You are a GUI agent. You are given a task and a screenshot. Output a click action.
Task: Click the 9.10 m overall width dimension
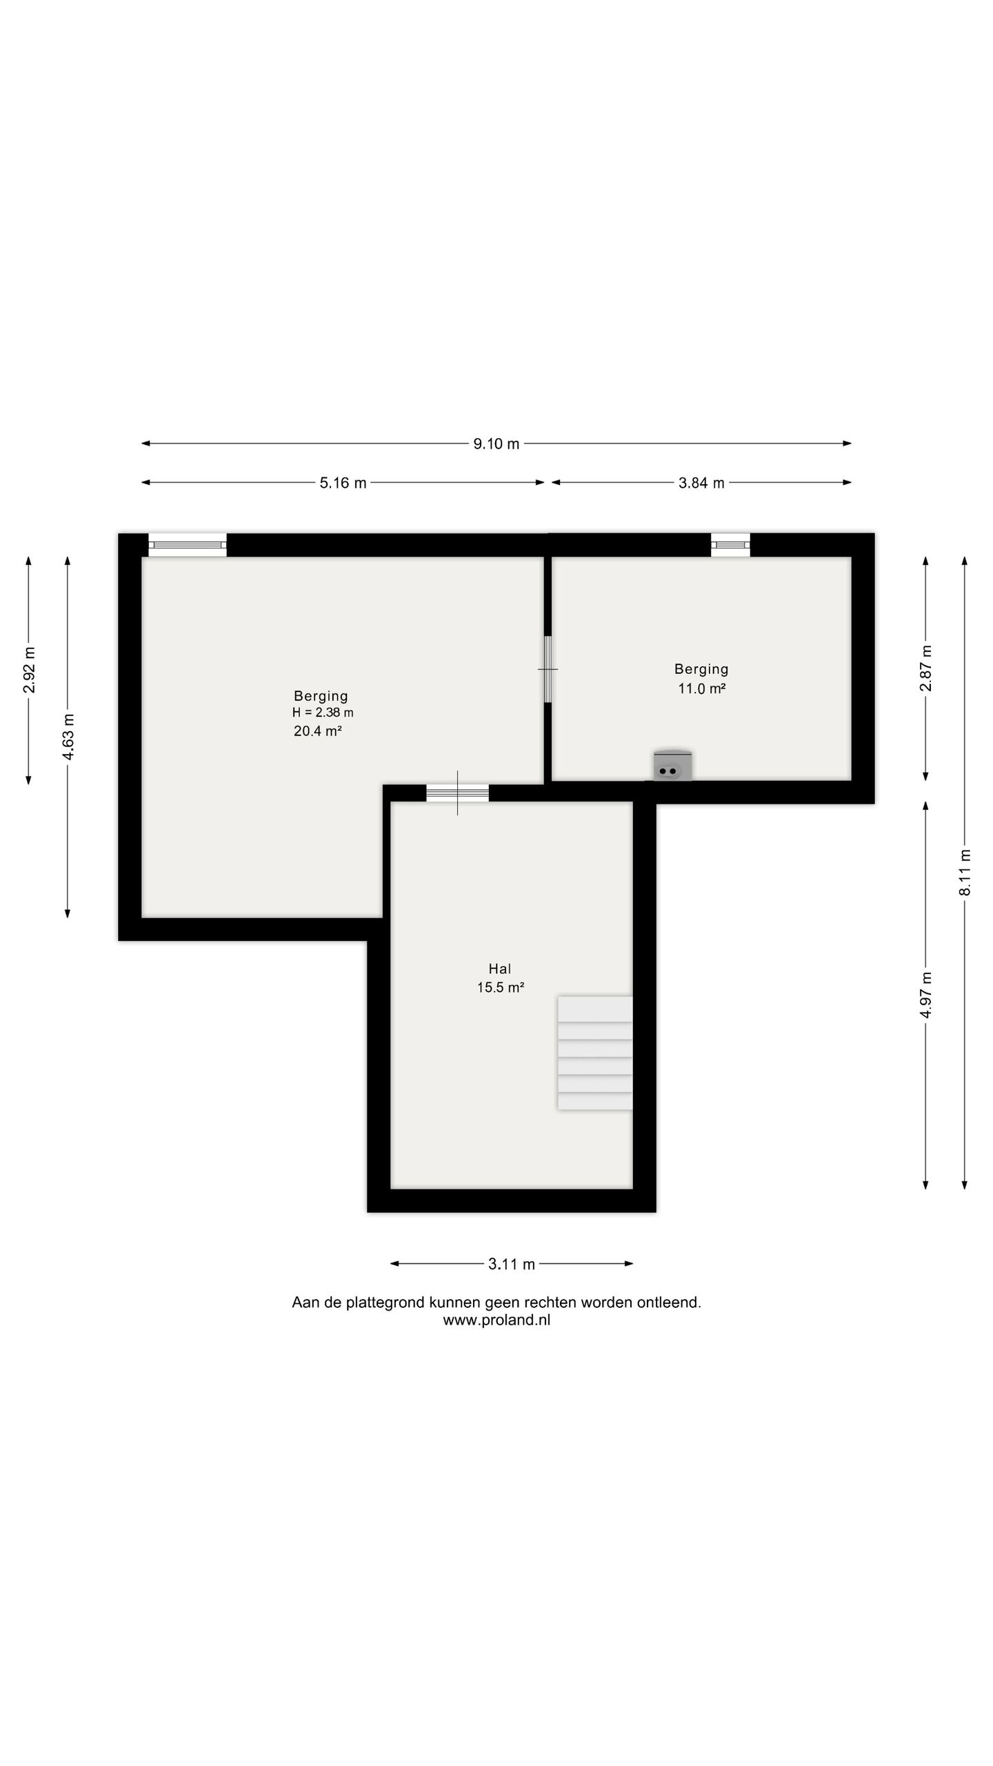496,444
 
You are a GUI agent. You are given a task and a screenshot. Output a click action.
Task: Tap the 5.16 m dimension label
343,483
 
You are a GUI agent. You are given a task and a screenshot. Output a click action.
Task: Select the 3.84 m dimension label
701,483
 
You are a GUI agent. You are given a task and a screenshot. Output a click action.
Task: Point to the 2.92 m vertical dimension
29,670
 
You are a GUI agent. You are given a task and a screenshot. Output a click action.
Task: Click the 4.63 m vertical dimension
68,737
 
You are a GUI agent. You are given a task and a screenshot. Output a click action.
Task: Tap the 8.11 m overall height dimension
965,873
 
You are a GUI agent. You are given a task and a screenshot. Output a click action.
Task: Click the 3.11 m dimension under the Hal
512,1264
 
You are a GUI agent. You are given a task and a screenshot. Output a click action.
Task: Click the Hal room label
500,969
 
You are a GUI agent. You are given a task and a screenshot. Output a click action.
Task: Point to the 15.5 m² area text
501,987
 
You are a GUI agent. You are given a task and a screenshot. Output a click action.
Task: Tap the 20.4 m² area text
318,731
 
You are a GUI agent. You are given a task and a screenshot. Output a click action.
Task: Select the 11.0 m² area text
702,688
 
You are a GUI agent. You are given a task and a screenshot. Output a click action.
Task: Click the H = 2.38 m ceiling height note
323,713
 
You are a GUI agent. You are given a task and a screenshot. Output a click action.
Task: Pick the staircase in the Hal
595,1053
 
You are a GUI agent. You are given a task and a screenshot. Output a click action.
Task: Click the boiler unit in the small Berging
672,766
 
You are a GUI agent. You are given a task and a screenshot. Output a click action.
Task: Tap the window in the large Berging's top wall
188,545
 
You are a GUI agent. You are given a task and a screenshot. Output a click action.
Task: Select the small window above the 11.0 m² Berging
731,545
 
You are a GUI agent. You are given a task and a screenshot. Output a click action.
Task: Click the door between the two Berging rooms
548,669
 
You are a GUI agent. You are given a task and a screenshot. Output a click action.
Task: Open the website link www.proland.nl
496,1320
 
